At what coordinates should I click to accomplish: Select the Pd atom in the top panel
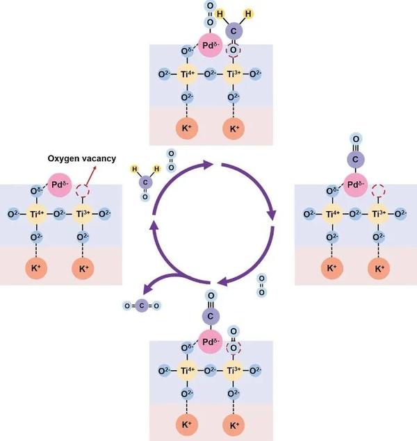tap(208, 46)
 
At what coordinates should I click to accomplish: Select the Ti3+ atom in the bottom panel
tap(235, 368)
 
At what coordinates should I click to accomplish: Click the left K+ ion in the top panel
tap(186, 129)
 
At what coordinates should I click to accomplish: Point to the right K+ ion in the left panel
tap(83, 268)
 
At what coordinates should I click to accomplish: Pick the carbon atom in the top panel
tap(234, 30)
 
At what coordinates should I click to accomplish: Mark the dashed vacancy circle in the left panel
tap(83, 190)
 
